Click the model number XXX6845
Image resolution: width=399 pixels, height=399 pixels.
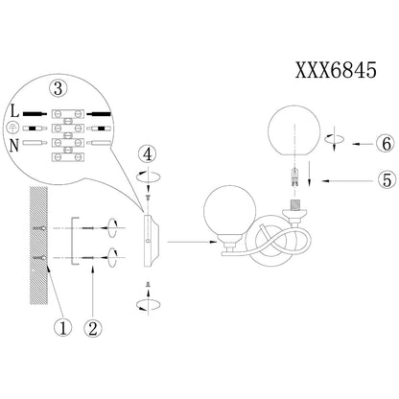point(336,70)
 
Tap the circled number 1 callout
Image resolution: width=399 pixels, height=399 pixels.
point(62,328)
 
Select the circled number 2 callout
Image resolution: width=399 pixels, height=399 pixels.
point(93,328)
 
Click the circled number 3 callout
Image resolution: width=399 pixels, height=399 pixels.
point(58,88)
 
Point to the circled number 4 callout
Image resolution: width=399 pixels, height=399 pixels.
point(147,154)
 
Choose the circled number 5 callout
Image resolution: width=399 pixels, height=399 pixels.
point(387,179)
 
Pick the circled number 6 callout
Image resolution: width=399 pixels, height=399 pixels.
point(387,144)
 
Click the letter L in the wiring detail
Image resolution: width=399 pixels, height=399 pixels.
point(14,112)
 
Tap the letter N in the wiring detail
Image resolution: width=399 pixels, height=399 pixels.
point(14,146)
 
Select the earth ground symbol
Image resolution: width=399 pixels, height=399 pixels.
point(12,129)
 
